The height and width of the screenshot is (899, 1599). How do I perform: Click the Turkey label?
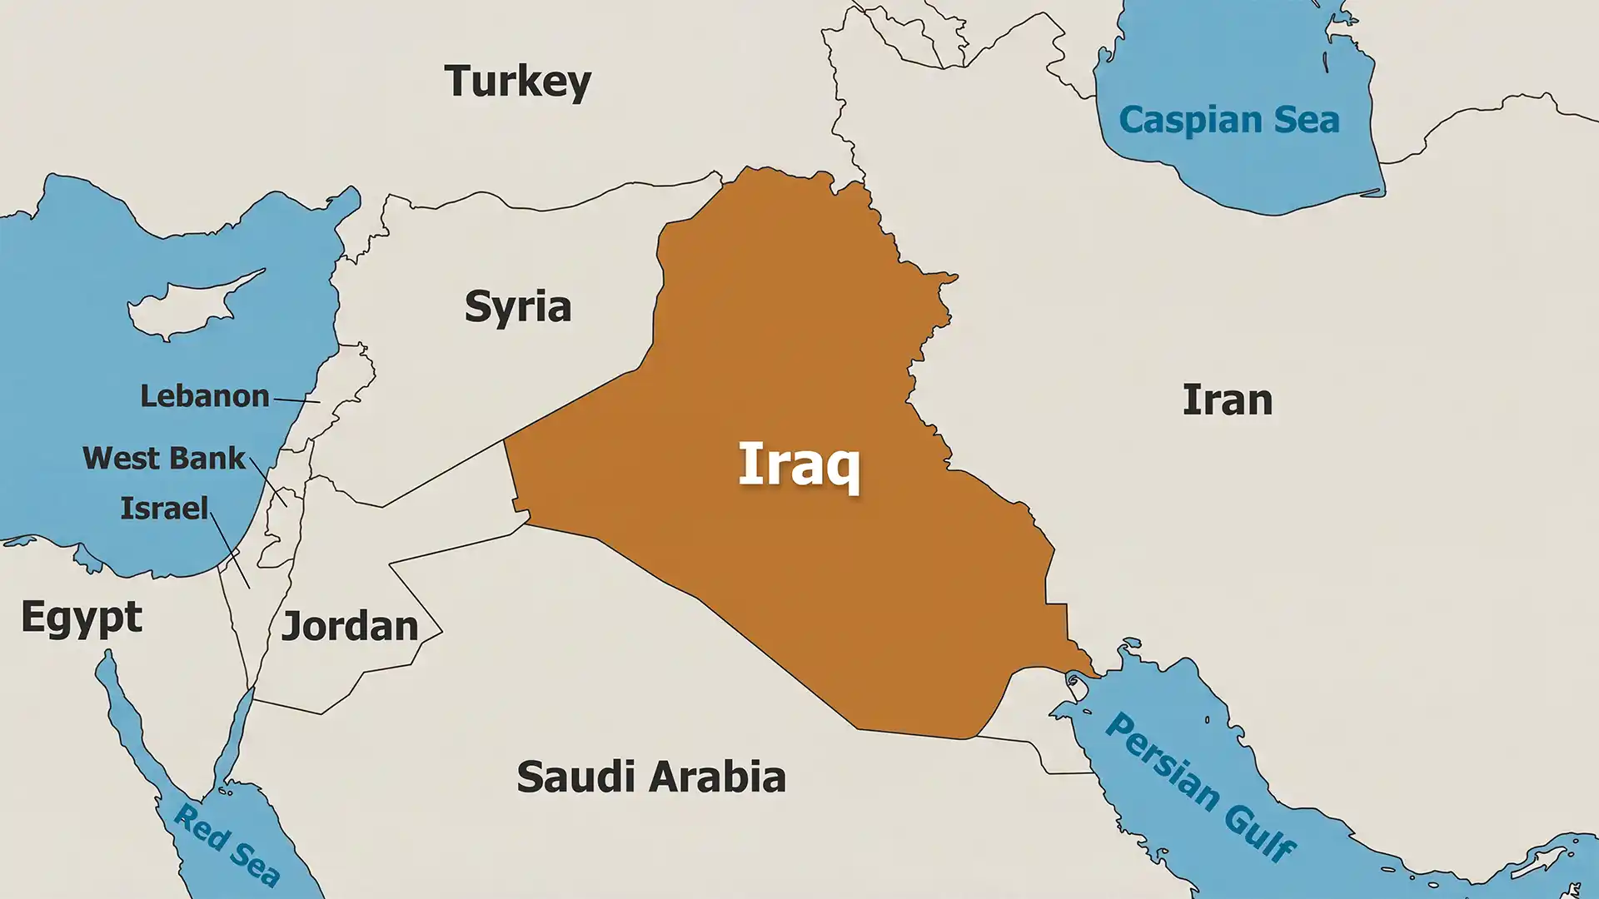(x=517, y=82)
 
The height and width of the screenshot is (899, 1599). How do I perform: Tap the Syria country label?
(x=517, y=307)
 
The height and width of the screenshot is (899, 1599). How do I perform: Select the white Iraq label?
(x=799, y=465)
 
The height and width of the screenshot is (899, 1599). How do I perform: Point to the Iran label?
(x=1227, y=400)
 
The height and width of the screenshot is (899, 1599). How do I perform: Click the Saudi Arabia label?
(x=650, y=777)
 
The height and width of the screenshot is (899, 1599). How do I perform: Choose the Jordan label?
(x=350, y=627)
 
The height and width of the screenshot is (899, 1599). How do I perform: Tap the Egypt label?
(x=82, y=618)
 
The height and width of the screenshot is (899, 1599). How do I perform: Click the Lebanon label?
(x=204, y=396)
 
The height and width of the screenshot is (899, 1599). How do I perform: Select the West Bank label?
(x=164, y=459)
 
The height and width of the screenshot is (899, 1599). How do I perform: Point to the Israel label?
(x=164, y=509)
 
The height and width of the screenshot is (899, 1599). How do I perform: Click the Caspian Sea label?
(x=1229, y=120)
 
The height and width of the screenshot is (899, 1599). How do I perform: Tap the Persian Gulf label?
(x=1200, y=786)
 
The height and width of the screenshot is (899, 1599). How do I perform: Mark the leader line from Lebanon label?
(x=297, y=400)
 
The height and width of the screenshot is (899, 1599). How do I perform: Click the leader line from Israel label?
(x=230, y=550)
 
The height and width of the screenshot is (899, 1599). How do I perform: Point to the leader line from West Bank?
(x=268, y=482)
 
